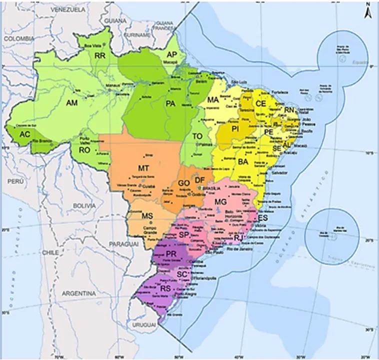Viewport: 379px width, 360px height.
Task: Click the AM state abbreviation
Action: (72, 102)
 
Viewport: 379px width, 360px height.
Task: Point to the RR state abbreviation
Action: (99, 56)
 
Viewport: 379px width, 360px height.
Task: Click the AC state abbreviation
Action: (25, 134)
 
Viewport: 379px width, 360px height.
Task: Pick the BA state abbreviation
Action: (243, 162)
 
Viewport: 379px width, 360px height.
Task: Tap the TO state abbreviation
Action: (198, 136)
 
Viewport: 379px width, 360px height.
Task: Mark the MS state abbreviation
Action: (146, 216)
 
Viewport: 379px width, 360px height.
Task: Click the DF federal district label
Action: (199, 180)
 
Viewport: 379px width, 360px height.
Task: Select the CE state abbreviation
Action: (260, 103)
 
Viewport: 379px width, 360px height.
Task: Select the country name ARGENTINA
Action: (78, 292)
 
